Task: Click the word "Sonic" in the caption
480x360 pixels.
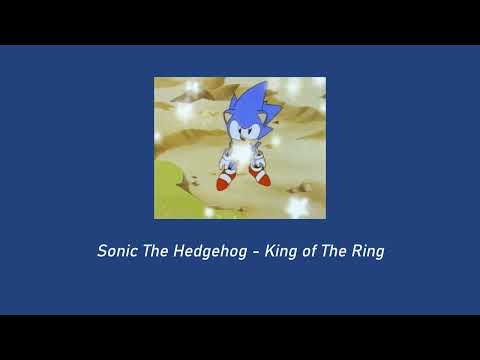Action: click(x=117, y=251)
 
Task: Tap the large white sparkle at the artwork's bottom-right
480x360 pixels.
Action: click(x=299, y=207)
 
